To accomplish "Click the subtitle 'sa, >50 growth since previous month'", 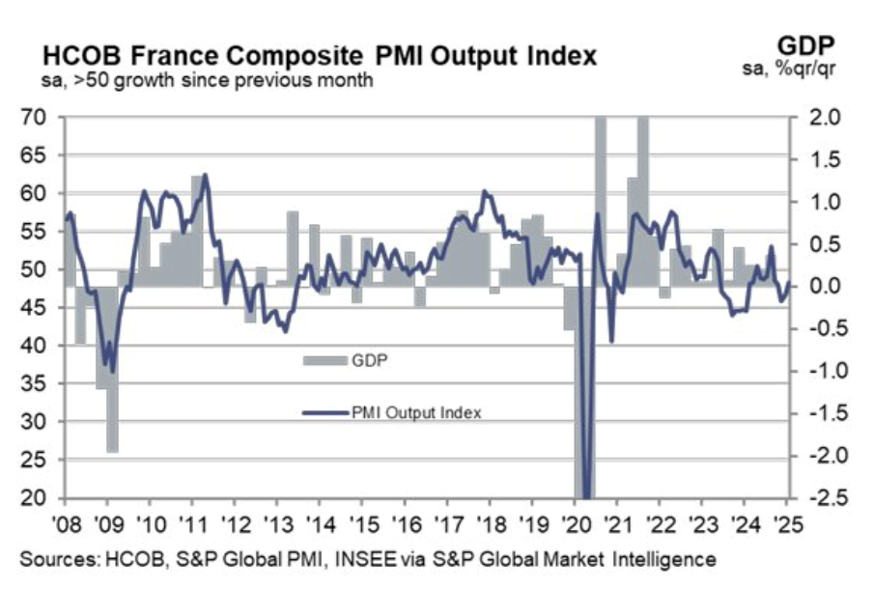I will coord(192,81).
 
